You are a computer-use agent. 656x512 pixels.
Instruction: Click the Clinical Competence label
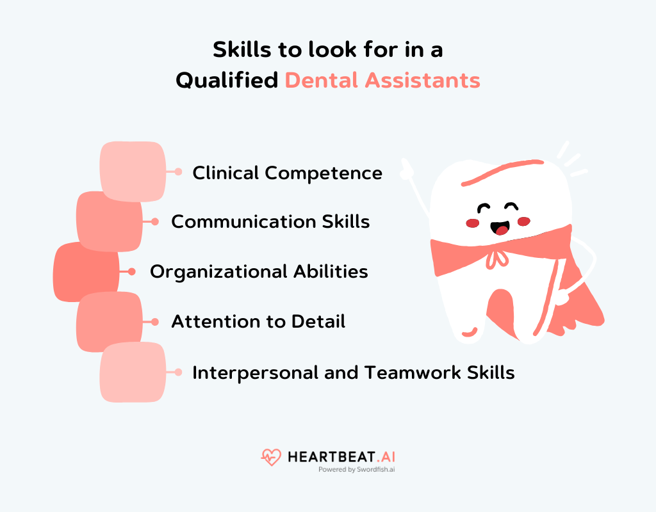(x=287, y=173)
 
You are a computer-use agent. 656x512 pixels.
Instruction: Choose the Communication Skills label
(x=270, y=221)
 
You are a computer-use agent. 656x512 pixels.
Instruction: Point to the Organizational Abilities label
(x=259, y=271)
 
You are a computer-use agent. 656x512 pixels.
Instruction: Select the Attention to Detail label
(x=258, y=321)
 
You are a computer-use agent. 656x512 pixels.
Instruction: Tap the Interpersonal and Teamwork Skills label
(x=354, y=372)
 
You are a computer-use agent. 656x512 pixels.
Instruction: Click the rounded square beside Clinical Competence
(x=133, y=172)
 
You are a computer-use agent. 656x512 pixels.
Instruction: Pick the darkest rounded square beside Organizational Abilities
(x=86, y=272)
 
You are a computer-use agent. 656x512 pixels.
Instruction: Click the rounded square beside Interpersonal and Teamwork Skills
(x=133, y=372)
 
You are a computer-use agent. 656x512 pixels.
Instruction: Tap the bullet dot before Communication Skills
(x=155, y=221)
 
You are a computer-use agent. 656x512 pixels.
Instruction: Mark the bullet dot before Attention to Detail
(x=155, y=321)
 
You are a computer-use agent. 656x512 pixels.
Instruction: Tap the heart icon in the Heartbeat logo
(x=271, y=457)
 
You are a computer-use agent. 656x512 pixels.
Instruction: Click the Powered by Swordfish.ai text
(x=356, y=469)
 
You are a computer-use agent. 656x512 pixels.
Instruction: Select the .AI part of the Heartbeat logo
(x=384, y=456)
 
